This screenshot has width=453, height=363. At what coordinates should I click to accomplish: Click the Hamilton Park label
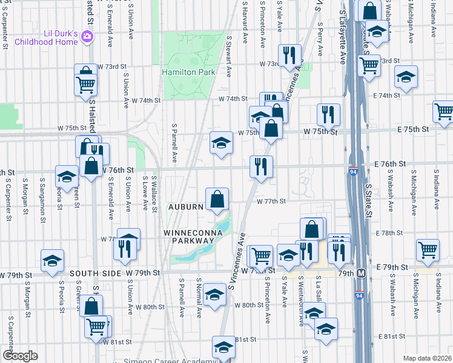coord(188,72)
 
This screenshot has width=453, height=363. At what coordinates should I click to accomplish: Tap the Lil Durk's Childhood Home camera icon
coord(88,38)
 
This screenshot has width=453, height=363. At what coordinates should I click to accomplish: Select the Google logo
coord(20,356)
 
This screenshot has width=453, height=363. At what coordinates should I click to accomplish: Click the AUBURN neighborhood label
coord(187,207)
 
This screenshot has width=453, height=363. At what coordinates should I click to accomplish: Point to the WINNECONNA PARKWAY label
coord(188,236)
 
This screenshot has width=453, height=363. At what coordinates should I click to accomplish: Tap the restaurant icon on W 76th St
coord(262,166)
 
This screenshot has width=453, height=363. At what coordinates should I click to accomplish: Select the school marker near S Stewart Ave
coord(220,143)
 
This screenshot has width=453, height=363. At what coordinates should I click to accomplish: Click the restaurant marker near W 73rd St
coord(289,56)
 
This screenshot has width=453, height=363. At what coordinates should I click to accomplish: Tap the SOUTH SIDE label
coord(91,273)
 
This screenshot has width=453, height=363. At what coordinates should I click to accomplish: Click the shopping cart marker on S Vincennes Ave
coord(261,255)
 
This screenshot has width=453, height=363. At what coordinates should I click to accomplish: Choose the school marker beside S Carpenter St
coord(53,260)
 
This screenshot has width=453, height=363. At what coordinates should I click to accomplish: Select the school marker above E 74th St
coord(406,76)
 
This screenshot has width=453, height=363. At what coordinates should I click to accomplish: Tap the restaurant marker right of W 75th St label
coord(328,114)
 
